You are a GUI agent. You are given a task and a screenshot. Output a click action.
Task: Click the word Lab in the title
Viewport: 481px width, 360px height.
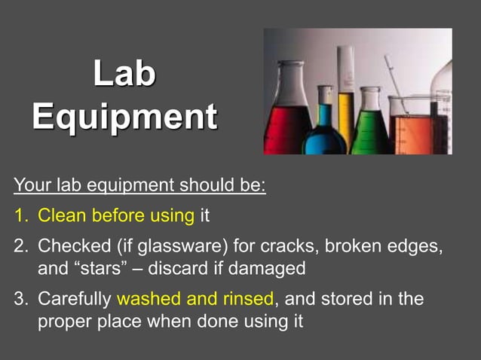(x=125, y=74)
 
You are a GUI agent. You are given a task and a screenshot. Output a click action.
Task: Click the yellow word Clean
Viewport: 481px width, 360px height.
(x=63, y=216)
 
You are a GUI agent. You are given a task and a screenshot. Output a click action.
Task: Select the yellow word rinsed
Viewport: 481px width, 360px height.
(x=244, y=299)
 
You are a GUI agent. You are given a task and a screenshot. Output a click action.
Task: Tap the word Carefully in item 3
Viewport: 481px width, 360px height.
(x=75, y=299)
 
